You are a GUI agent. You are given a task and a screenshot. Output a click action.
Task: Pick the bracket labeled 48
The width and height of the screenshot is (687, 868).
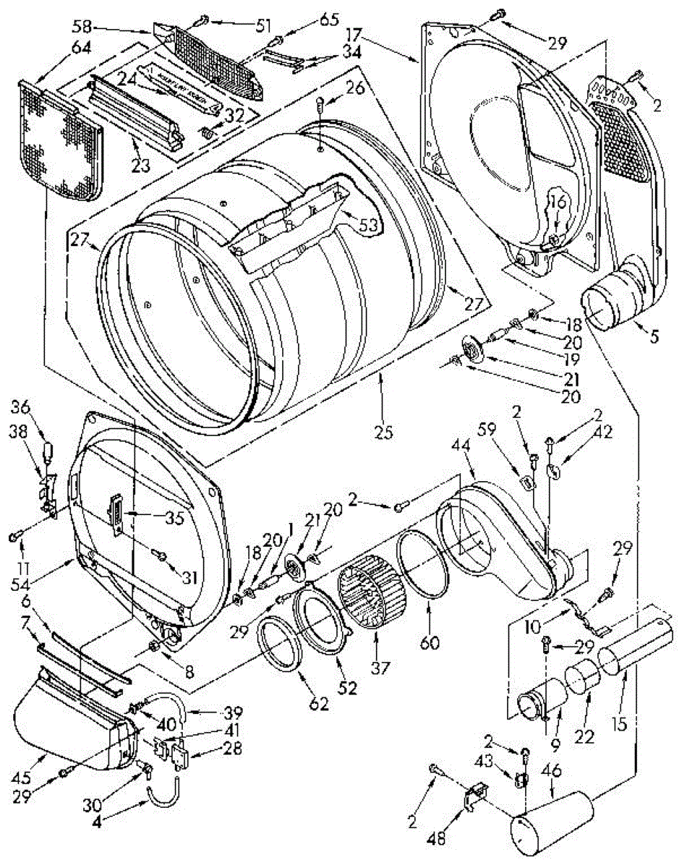(474, 796)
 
